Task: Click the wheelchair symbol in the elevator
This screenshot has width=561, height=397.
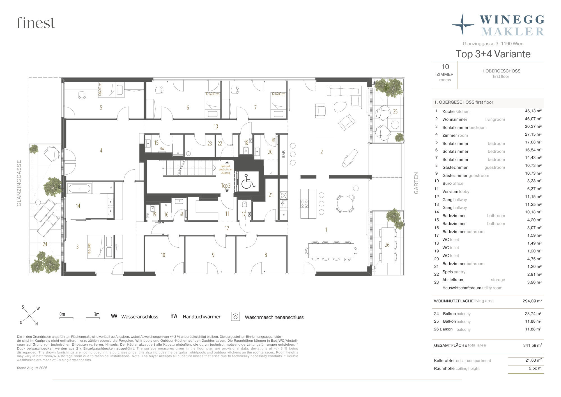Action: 248,182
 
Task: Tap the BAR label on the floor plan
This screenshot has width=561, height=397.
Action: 284,154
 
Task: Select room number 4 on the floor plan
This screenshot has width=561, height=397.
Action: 101,150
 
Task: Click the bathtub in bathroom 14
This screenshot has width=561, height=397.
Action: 79,188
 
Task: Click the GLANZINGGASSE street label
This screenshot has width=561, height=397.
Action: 19,183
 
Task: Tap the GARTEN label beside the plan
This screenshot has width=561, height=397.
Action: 416,183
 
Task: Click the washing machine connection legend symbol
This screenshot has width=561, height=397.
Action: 235,316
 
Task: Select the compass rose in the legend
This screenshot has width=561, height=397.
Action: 29,315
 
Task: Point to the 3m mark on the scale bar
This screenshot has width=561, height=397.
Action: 96,314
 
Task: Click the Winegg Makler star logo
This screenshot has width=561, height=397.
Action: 463,25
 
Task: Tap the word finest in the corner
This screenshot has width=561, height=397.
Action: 36,23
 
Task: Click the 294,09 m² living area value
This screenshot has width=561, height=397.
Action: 532,301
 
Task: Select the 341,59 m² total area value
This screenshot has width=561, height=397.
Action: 532,345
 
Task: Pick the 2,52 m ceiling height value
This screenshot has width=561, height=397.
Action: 535,368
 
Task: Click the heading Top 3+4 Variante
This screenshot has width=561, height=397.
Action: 493,54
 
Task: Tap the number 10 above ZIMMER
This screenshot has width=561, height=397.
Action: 445,67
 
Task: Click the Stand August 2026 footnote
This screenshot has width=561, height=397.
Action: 32,368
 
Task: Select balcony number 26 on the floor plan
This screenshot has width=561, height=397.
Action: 387,245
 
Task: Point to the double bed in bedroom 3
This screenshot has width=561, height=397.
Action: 105,247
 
